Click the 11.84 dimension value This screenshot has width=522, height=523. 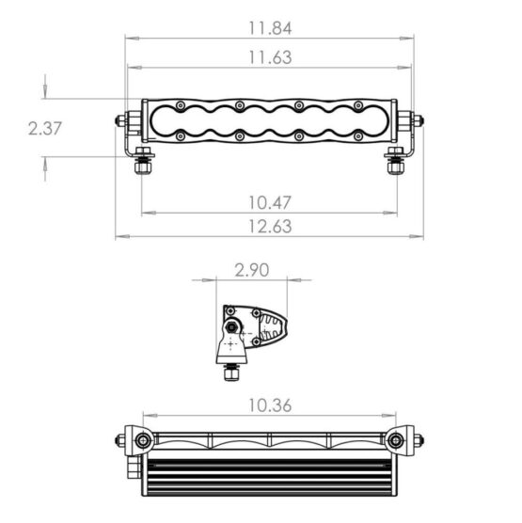[x=270, y=28]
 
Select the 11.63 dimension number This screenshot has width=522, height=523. [x=270, y=57]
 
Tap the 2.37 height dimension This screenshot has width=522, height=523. [x=45, y=129]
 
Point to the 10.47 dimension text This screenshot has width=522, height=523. [x=270, y=203]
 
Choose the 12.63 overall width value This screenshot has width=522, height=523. [x=270, y=227]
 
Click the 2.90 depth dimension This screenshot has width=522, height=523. [x=252, y=270]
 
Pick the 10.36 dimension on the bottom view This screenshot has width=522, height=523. [x=270, y=405]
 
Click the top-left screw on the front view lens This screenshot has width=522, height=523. [x=181, y=105]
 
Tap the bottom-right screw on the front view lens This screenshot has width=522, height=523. [x=358, y=135]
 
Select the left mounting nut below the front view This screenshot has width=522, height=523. [x=143, y=166]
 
